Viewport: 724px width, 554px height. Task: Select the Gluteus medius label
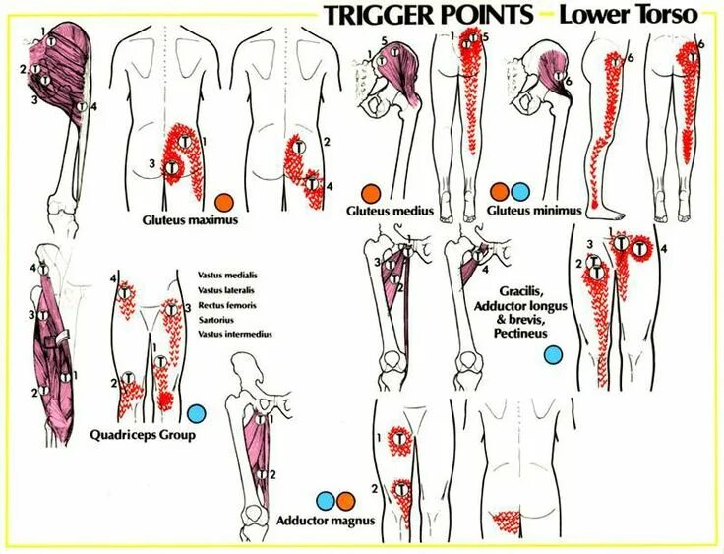[x=392, y=210]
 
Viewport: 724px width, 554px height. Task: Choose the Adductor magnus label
[x=325, y=521]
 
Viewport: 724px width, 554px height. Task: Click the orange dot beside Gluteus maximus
[x=224, y=201]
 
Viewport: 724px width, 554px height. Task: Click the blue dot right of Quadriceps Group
[x=197, y=414]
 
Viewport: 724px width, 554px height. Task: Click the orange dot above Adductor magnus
[x=343, y=501]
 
